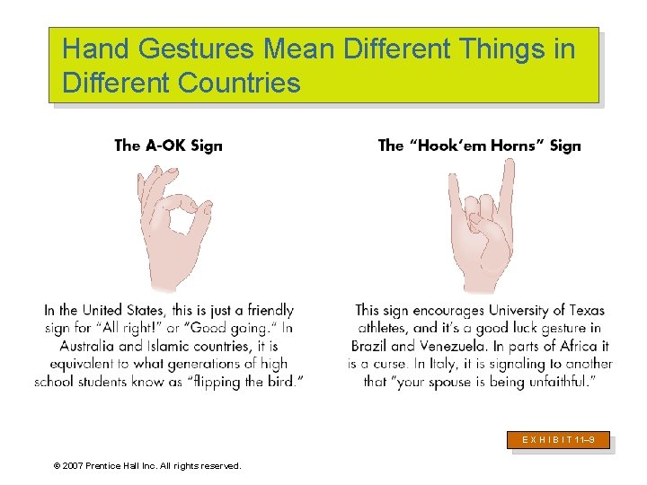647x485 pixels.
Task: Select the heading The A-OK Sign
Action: point(168,145)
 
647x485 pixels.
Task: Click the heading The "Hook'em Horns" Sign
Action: point(479,145)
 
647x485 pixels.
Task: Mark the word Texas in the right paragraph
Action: point(585,311)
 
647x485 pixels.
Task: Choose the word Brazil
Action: point(368,346)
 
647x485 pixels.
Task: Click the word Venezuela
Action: point(461,346)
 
